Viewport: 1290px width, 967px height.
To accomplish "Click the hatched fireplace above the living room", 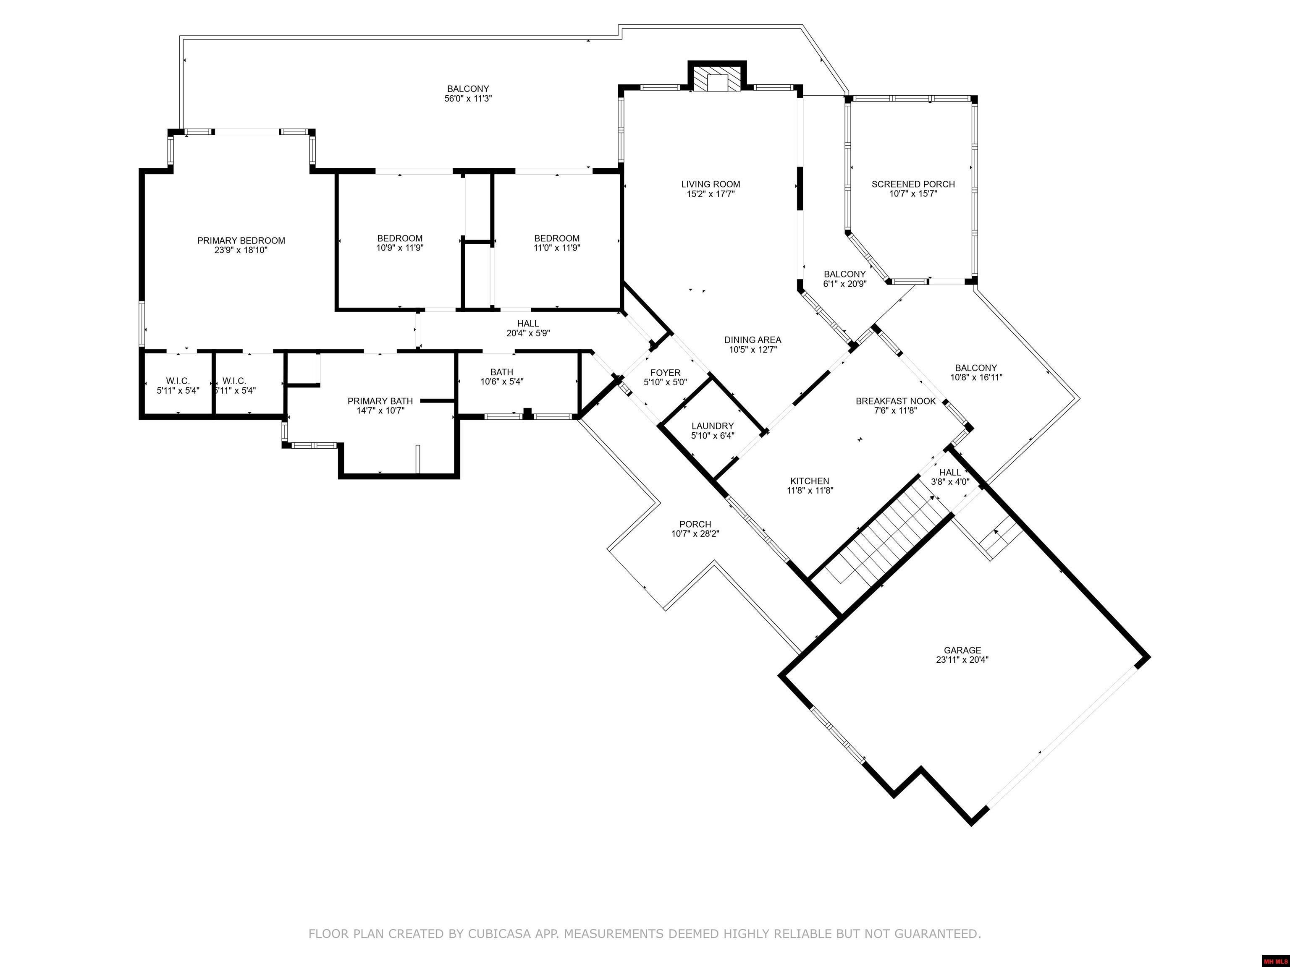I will (717, 83).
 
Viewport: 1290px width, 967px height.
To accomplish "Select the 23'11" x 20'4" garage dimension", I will (962, 660).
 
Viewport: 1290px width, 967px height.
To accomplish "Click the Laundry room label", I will (712, 426).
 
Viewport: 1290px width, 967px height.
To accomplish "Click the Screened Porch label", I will (912, 184).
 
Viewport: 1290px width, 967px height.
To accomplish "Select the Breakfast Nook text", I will (895, 401).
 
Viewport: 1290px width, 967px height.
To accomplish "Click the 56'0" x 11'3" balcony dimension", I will (468, 99).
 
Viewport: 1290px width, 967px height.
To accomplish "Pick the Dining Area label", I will (752, 340).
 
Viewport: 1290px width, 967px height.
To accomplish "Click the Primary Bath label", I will (380, 401).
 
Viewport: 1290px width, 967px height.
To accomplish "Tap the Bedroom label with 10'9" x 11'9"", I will (399, 238).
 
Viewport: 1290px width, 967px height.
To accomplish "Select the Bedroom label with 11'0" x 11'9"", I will (556, 238).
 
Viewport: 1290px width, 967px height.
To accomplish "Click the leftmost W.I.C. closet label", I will (177, 381).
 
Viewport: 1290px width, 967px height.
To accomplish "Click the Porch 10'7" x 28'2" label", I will (695, 524).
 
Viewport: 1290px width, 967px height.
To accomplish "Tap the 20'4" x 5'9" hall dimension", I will (528, 333).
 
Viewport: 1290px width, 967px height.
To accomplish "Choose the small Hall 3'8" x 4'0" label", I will (950, 472).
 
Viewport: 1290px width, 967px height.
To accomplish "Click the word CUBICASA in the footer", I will (498, 934).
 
